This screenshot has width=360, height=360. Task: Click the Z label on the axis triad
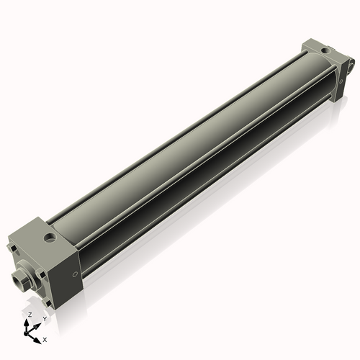pos(29,315)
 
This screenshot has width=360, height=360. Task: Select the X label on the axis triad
pos(45,338)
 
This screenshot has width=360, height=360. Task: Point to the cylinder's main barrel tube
pos(187,151)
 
